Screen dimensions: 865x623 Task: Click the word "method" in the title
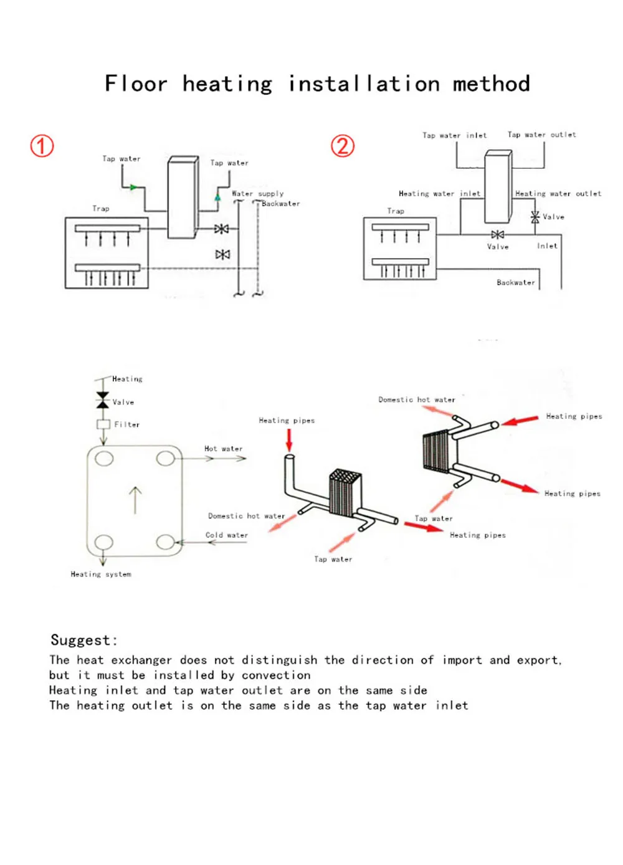[x=491, y=84]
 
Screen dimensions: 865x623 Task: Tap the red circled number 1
[x=42, y=146]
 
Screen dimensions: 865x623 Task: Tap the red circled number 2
[x=342, y=146]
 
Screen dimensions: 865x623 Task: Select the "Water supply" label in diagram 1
[x=257, y=194]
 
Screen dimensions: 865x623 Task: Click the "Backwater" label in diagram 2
[x=515, y=282]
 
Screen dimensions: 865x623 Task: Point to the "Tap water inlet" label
[x=454, y=135]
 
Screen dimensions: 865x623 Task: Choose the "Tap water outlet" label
[x=541, y=135]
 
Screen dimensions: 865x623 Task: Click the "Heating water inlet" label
[x=439, y=194]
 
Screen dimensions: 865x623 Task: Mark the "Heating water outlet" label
[x=558, y=194]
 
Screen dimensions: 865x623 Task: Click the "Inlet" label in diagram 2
[x=547, y=246]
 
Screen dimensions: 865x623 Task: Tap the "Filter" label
[x=126, y=424]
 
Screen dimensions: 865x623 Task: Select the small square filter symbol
[x=103, y=424]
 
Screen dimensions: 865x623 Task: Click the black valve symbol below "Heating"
[x=103, y=400]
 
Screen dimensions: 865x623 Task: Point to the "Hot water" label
[x=223, y=449]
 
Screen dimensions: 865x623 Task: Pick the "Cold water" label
[x=226, y=535]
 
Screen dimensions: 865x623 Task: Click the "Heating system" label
[x=101, y=574]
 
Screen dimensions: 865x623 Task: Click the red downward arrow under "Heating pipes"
[x=289, y=439]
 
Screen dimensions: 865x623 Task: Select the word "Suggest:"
[x=83, y=640]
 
